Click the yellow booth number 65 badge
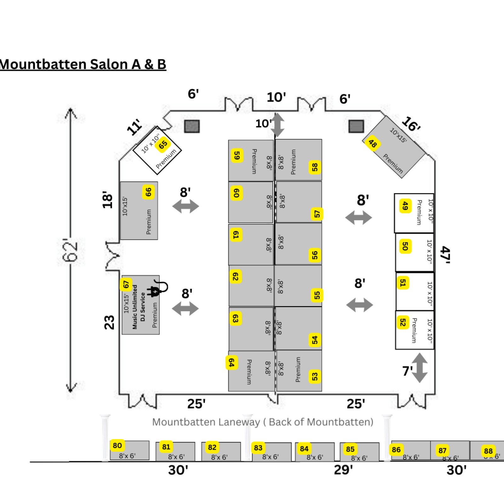coord(163,145)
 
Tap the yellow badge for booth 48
coord(373,143)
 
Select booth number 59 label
coord(237,156)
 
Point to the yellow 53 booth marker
coord(315,376)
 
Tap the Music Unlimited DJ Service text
coord(139,307)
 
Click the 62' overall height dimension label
coord(70,250)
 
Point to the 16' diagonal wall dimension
coord(411,124)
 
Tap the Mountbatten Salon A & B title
coord(83,64)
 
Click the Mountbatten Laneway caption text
coord(263,422)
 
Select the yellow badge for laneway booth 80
coord(117,445)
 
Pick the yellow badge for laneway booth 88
coord(488,451)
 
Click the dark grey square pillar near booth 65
coord(192,126)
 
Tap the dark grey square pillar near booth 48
coord(356,126)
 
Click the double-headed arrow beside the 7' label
coord(420,368)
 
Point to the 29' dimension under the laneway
coord(343,470)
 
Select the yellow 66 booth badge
coord(148,192)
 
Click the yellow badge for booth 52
coord(403,322)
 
